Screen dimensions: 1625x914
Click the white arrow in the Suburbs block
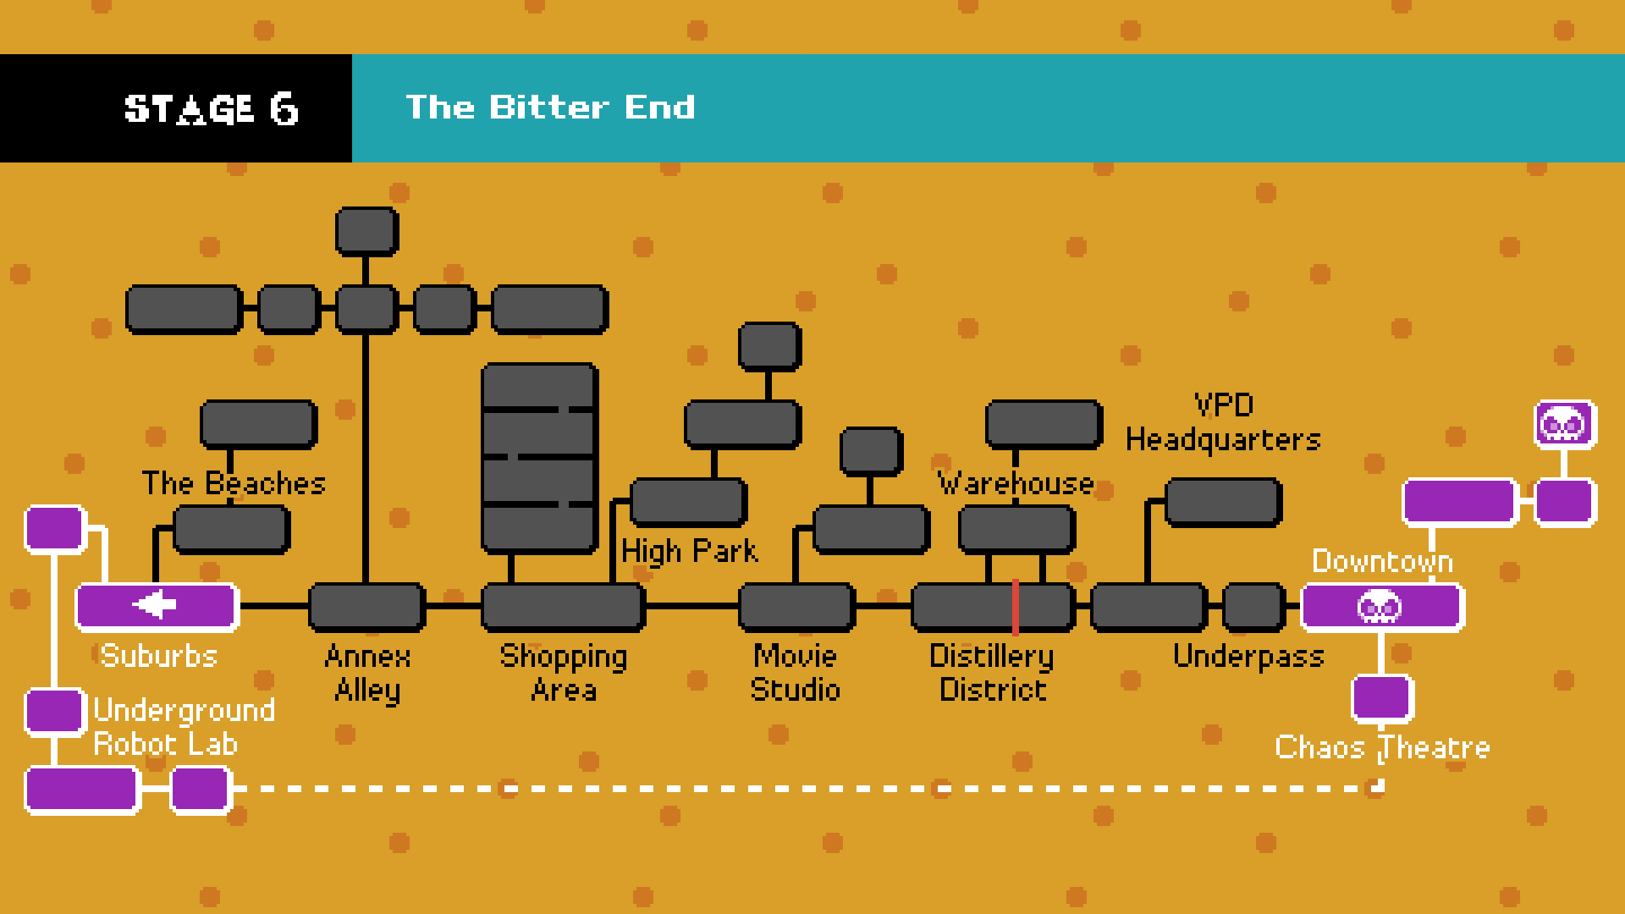point(155,605)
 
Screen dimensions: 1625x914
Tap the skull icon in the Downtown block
point(1380,607)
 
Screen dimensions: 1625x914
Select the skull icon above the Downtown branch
point(1565,424)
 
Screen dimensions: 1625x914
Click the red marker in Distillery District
point(1016,607)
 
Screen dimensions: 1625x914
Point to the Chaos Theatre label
point(1382,747)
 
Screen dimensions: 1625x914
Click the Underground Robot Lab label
point(184,727)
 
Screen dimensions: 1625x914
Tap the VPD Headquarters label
point(1223,422)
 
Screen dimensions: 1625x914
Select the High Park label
point(689,551)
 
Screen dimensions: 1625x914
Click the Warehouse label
point(1016,483)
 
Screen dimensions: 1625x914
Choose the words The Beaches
point(234,483)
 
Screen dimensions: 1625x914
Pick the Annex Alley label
point(367,673)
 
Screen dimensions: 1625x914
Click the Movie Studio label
point(795,673)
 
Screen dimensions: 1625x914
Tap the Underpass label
point(1248,657)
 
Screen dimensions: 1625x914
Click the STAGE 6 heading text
point(212,109)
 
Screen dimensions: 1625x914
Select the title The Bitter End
point(550,107)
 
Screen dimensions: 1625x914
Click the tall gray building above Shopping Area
point(540,459)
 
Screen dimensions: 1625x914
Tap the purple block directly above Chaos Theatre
point(1382,698)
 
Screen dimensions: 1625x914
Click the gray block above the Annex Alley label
point(366,607)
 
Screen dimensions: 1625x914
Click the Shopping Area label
point(564,673)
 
